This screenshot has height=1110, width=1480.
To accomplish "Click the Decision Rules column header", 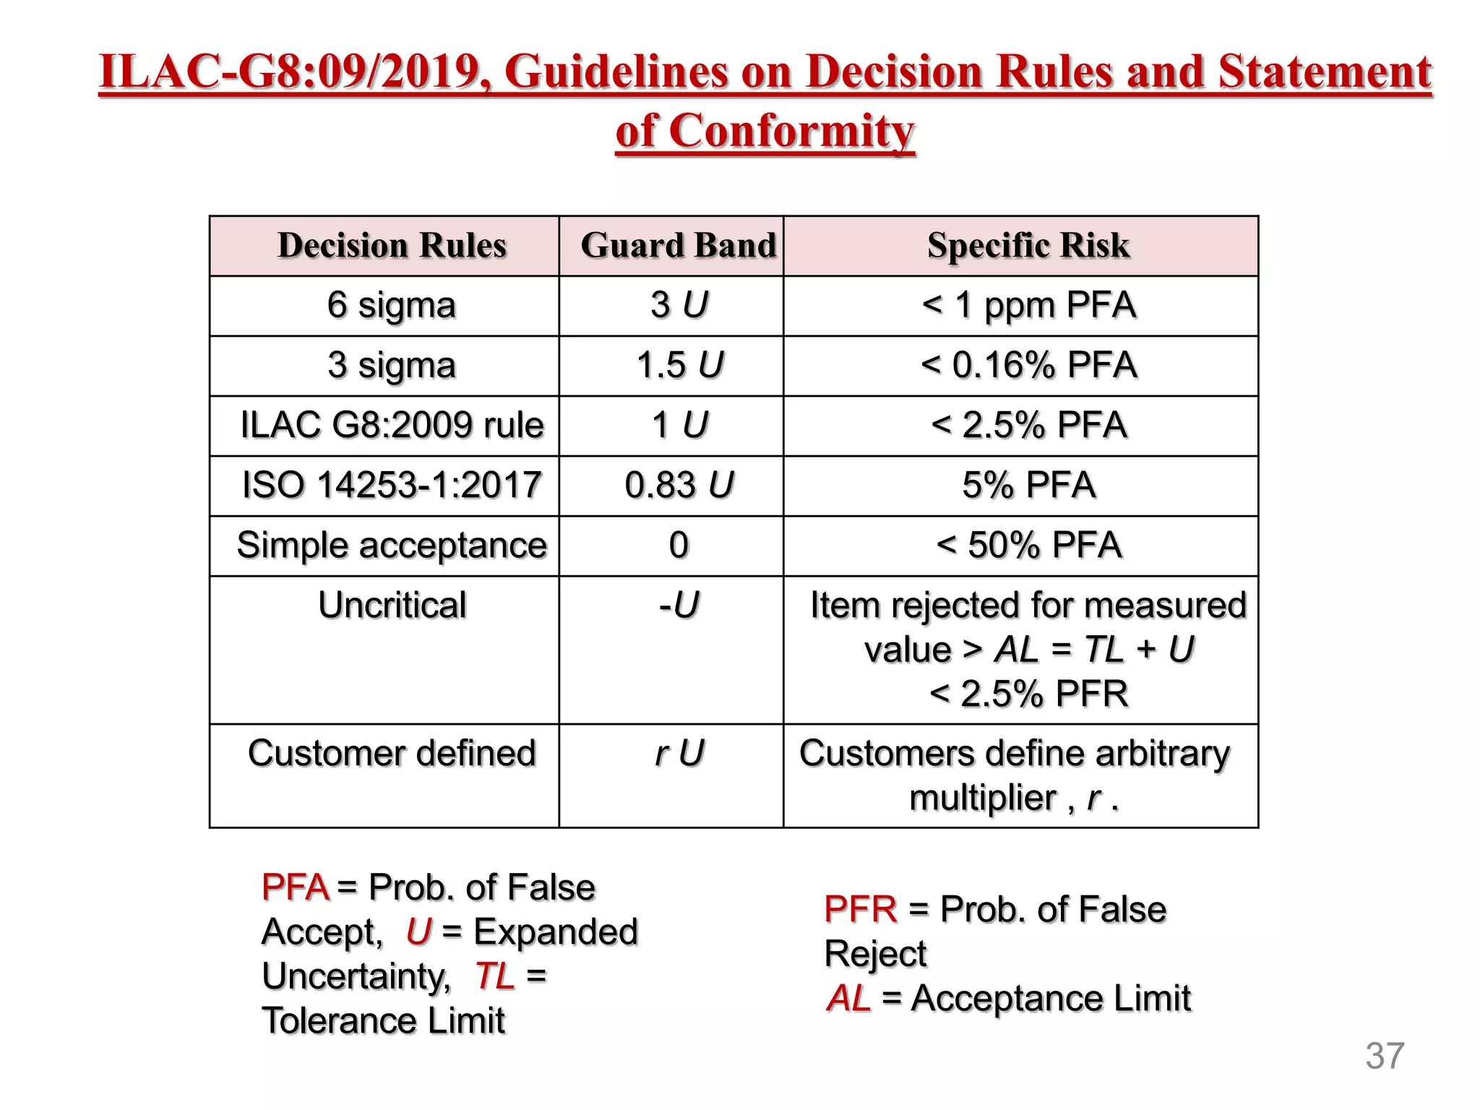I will [x=392, y=246].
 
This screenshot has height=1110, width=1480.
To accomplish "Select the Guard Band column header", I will [x=678, y=246].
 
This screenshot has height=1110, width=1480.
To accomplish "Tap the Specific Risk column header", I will [x=1028, y=246].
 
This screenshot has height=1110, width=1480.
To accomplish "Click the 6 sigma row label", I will [x=392, y=305].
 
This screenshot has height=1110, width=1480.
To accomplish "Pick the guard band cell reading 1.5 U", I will [x=679, y=365].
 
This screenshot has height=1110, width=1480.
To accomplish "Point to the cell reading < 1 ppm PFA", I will [x=1028, y=305].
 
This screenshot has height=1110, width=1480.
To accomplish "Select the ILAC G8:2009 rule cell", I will [x=392, y=425].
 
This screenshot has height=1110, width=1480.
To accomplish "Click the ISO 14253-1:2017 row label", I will [x=392, y=485].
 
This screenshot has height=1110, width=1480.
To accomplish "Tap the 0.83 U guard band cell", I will [x=679, y=485].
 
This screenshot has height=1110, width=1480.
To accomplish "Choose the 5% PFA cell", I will [x=1028, y=485].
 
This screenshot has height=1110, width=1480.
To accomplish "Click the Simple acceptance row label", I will [x=392, y=545].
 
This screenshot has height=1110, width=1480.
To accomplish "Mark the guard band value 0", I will [x=679, y=545].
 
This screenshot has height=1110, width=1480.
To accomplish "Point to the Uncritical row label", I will [x=392, y=605].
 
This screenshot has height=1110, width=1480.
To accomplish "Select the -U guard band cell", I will [x=679, y=605].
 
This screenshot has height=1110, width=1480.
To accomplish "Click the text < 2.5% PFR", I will [x=1028, y=694].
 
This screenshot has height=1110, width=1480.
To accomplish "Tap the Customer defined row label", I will [x=392, y=753].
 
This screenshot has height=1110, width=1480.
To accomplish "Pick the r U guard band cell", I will [x=679, y=753].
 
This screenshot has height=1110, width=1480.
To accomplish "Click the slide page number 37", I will [x=1385, y=1056].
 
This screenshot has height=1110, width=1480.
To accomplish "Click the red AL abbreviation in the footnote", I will [x=848, y=999].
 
